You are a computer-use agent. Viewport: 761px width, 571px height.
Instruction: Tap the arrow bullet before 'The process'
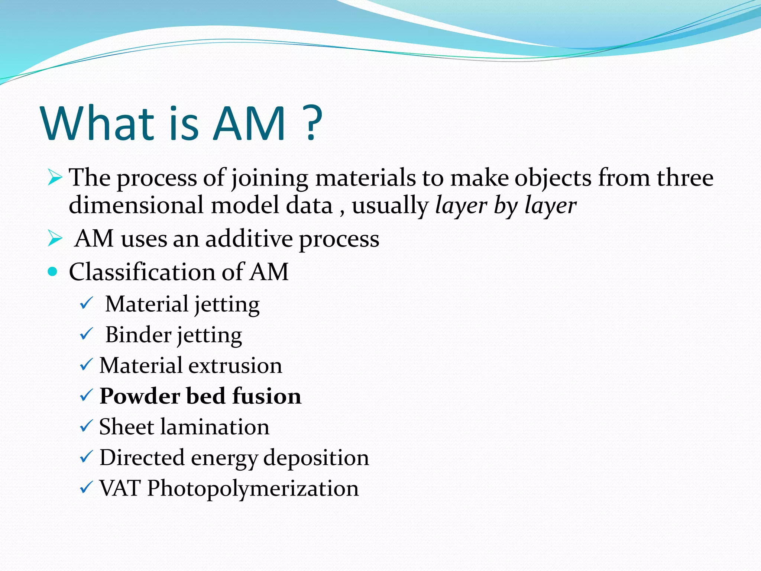pos(55,177)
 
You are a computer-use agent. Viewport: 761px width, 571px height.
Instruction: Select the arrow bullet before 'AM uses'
pos(55,239)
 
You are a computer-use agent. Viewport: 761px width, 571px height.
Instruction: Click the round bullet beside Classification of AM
pos(53,271)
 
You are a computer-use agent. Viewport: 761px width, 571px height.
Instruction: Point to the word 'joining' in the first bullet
pos(269,178)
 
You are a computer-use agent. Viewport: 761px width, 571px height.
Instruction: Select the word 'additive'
pos(249,239)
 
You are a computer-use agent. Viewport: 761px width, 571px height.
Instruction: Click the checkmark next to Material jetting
pos(86,304)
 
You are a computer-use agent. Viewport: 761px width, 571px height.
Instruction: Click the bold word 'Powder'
pos(139,396)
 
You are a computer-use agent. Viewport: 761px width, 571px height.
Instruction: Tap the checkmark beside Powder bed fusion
pos(86,396)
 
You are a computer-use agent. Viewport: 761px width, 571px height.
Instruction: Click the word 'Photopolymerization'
pos(253,489)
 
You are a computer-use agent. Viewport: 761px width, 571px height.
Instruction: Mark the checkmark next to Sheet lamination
pos(86,426)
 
